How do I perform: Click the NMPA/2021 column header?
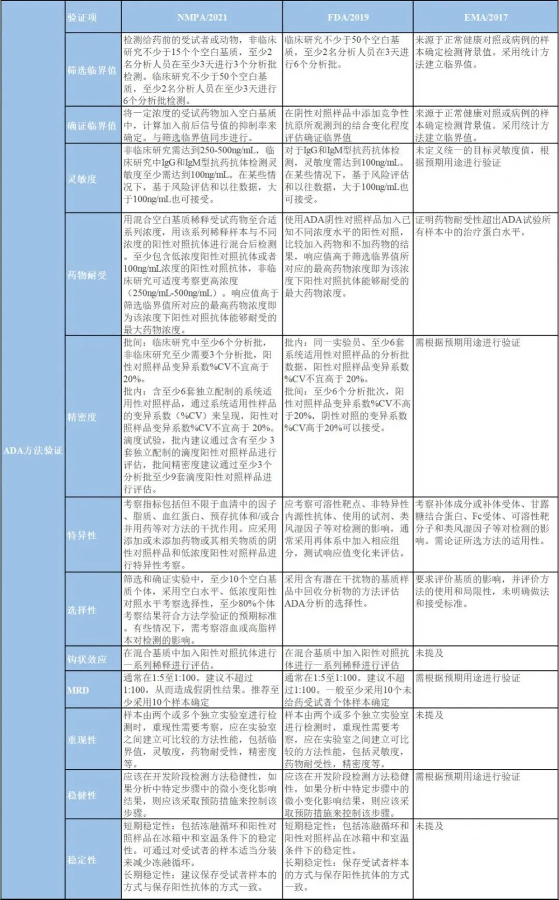[x=202, y=17]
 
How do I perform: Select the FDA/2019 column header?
[x=348, y=17]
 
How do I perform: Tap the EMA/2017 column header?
[x=486, y=17]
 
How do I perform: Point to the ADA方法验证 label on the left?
[x=33, y=450]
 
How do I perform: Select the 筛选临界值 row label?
[x=92, y=70]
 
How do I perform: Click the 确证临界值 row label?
[x=92, y=126]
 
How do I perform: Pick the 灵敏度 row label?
[x=82, y=179]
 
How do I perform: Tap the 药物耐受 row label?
[x=87, y=275]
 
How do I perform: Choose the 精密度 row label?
[x=82, y=417]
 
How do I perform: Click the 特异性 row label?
[x=82, y=535]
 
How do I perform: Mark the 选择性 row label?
[x=82, y=610]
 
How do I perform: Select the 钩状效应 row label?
[x=87, y=659]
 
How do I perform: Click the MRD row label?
[x=78, y=690]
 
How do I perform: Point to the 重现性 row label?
[x=82, y=740]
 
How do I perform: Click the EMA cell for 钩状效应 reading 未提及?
[x=430, y=653]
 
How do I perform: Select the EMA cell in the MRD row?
[x=468, y=678]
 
